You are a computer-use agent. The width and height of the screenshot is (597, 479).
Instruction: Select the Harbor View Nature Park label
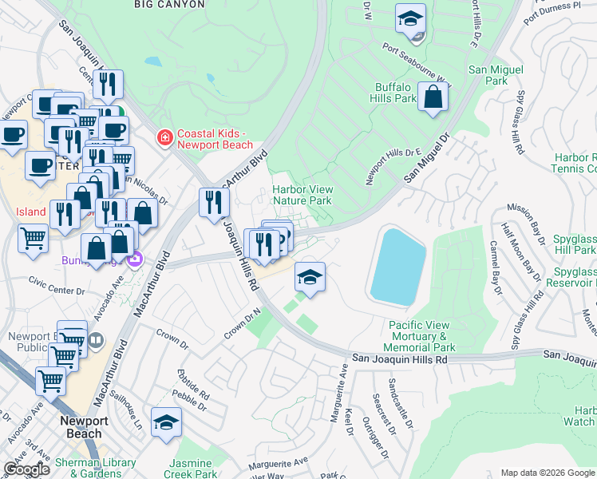pos(302,195)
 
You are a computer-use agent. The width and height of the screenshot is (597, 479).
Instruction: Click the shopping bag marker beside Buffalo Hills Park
pos(432,98)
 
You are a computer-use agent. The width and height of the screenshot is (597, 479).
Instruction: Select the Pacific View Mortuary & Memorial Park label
pos(421,336)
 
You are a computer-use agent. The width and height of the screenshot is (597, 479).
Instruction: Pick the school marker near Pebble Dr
pos(166,424)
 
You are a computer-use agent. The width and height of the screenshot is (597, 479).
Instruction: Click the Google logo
pos(26,469)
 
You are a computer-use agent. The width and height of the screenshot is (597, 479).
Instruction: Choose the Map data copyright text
pos(546,472)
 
